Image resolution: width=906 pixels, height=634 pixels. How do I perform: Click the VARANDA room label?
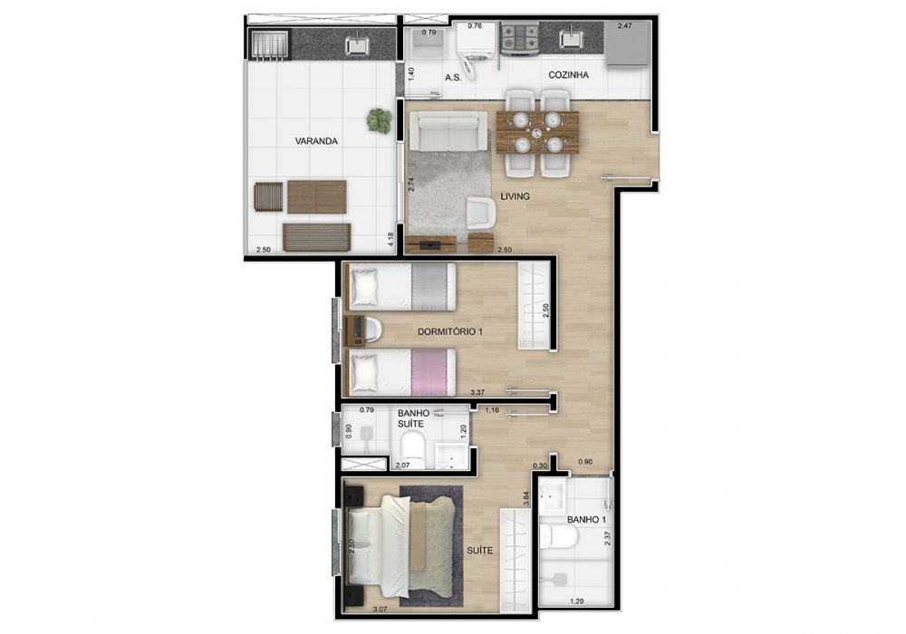(x=316, y=141)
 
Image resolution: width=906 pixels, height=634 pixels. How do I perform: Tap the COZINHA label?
(x=569, y=75)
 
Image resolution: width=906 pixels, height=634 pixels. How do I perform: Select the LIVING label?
(x=515, y=197)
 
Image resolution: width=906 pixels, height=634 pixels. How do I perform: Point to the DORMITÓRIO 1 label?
(x=450, y=331)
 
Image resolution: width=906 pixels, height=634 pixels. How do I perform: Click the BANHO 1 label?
(x=586, y=520)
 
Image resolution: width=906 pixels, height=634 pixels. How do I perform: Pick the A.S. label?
(x=454, y=77)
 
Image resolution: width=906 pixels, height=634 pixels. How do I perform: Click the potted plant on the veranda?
(x=379, y=120)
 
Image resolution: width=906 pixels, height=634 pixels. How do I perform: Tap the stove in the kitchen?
(x=520, y=39)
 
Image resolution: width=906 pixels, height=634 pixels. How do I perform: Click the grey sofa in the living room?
(x=448, y=131)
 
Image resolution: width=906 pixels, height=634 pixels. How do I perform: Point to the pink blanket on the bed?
(x=433, y=372)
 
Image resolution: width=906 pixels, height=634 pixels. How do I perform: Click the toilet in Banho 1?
(x=559, y=538)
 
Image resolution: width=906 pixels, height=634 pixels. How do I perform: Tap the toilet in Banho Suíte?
(x=412, y=453)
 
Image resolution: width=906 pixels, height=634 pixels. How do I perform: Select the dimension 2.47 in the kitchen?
(x=626, y=26)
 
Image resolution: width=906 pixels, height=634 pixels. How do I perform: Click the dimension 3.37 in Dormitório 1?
(x=477, y=392)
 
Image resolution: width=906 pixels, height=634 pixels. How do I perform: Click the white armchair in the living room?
(x=481, y=213)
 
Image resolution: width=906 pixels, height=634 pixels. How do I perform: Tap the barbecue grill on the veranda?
(x=270, y=45)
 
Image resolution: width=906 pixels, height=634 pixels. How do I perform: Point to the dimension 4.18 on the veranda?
(x=391, y=240)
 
